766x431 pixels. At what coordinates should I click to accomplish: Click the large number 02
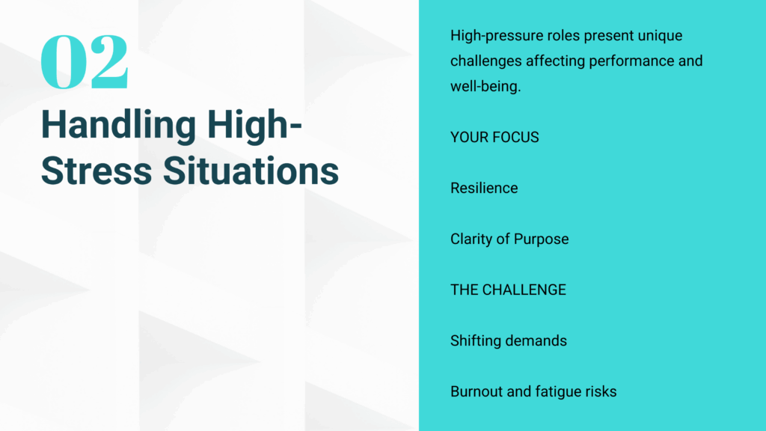85,61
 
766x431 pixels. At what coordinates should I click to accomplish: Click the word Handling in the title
118,125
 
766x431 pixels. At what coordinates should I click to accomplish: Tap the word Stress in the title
96,171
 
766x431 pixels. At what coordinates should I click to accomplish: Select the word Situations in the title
251,171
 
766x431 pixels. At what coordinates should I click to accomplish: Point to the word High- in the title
254,125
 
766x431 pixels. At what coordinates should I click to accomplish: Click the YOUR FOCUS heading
494,138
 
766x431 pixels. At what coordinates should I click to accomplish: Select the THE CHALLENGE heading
508,290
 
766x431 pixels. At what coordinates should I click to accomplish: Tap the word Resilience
484,188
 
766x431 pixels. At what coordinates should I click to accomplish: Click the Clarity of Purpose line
509,239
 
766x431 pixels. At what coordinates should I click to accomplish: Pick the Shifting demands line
509,340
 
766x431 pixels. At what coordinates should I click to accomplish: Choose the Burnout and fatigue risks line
533,391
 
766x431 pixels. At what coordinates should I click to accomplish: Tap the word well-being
485,87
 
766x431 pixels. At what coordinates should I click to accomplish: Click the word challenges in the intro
486,61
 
